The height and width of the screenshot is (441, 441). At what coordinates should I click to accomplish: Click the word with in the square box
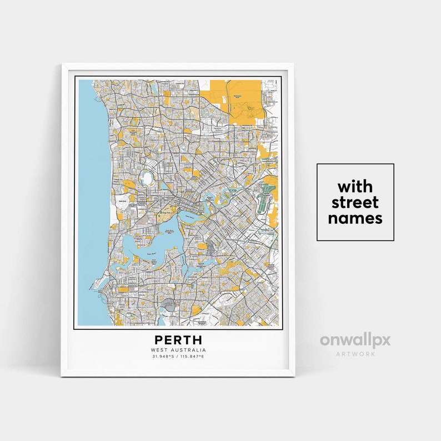click(x=355, y=186)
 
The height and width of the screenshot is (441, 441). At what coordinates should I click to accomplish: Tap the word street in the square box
click(x=355, y=202)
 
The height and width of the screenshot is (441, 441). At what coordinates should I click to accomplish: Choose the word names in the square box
click(x=355, y=218)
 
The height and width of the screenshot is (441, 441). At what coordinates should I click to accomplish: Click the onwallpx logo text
click(x=355, y=340)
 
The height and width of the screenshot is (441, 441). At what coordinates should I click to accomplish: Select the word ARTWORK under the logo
click(x=355, y=353)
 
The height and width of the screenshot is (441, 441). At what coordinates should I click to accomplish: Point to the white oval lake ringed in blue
click(x=148, y=179)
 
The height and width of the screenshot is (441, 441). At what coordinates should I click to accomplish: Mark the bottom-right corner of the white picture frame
click(x=294, y=376)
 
